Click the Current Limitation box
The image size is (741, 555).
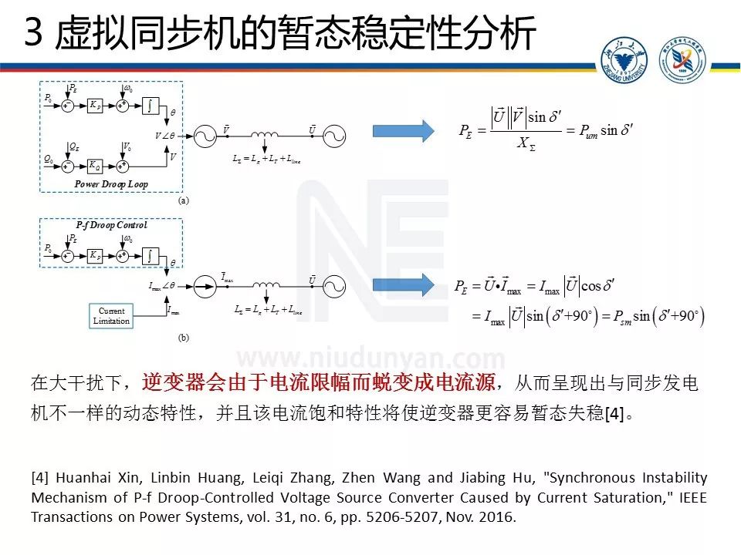tap(112, 316)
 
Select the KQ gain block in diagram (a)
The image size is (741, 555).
tap(94, 165)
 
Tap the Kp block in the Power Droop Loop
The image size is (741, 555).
tap(94, 106)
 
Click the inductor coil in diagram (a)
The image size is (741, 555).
tap(266, 136)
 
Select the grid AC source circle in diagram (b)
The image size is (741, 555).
tap(333, 285)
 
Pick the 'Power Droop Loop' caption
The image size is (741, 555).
tap(111, 184)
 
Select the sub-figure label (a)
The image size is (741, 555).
tap(184, 200)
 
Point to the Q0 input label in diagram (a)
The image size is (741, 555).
tap(49, 159)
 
